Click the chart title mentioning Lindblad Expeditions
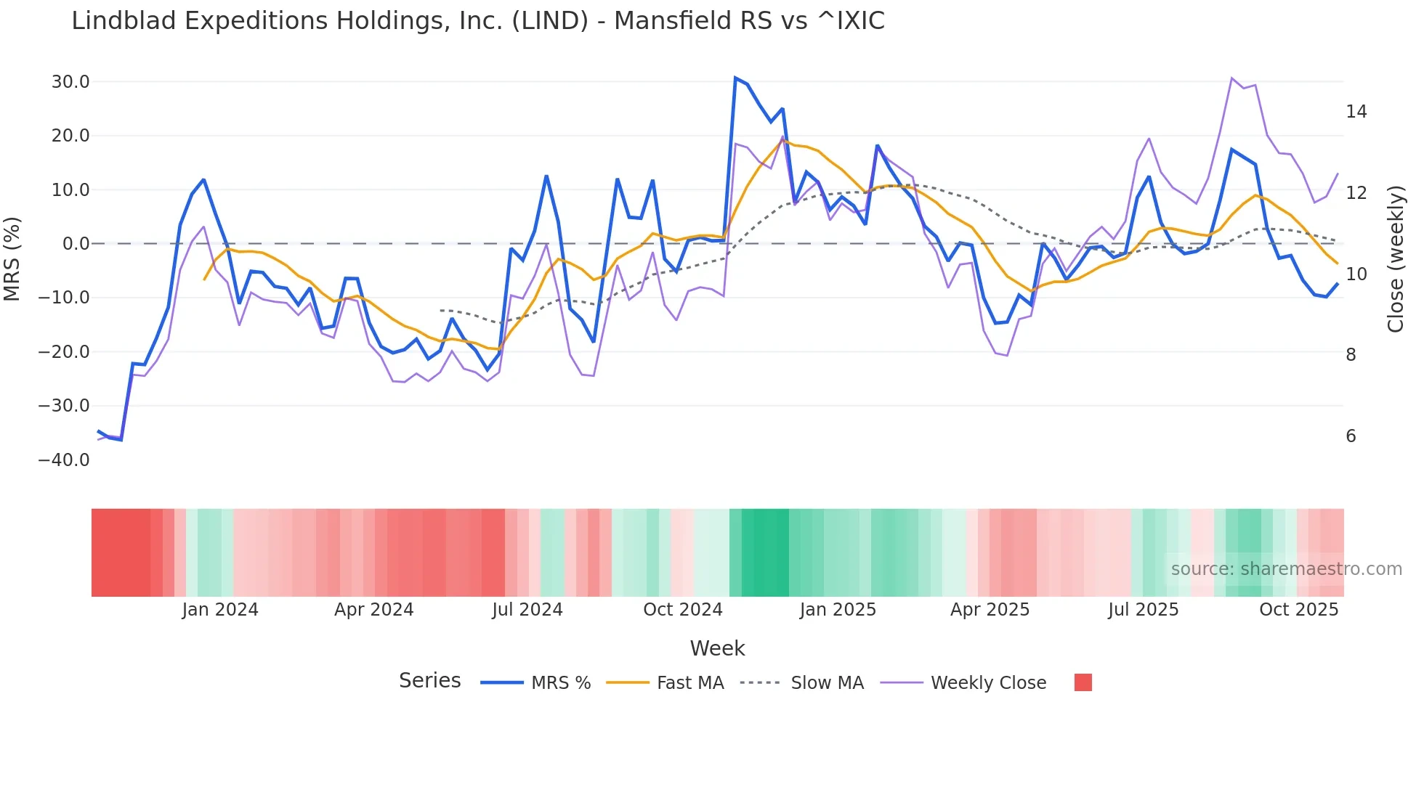pyautogui.click(x=477, y=21)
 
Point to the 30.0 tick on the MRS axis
pyautogui.click(x=70, y=82)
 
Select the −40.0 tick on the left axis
pyautogui.click(x=64, y=460)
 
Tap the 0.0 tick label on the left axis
pyautogui.click(x=76, y=244)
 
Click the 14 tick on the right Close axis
pyautogui.click(x=1356, y=112)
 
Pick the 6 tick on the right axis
pyautogui.click(x=1351, y=436)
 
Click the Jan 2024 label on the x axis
pyautogui.click(x=219, y=610)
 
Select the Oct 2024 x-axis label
pyautogui.click(x=682, y=610)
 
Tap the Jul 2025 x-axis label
pyautogui.click(x=1143, y=610)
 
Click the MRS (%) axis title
pyautogui.click(x=12, y=258)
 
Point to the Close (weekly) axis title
pyautogui.click(x=1395, y=258)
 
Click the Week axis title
pyautogui.click(x=717, y=648)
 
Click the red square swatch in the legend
pyautogui.click(x=1083, y=682)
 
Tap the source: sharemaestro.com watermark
pyautogui.click(x=1286, y=569)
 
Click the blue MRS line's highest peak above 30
pyautogui.click(x=735, y=78)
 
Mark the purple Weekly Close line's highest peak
pyautogui.click(x=1232, y=78)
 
